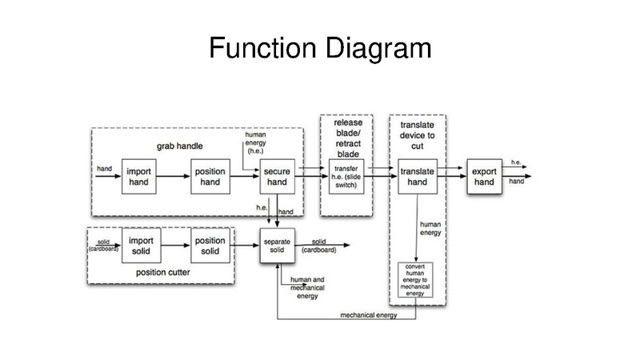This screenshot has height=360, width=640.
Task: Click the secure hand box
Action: [x=277, y=178]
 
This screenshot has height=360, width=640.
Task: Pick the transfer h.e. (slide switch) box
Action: [x=346, y=178]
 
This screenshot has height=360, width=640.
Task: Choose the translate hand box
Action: [x=418, y=178]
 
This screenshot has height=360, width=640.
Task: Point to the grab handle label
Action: [x=179, y=146]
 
